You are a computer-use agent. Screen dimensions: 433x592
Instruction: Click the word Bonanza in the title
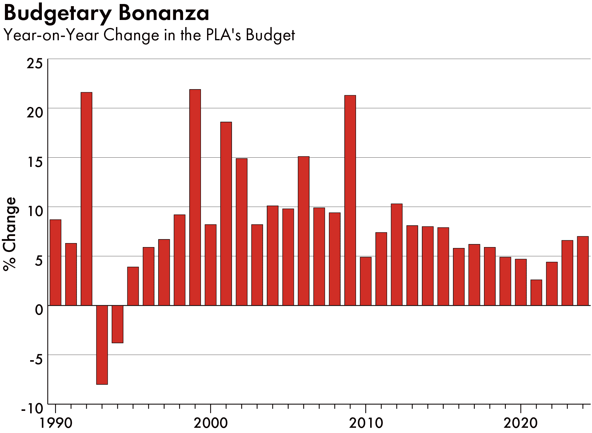163,13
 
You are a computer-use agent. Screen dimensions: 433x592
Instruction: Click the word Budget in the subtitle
270,35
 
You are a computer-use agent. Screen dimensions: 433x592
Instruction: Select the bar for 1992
86,199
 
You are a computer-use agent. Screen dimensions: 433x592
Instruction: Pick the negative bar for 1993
102,345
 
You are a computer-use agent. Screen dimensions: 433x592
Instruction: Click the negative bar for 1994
118,324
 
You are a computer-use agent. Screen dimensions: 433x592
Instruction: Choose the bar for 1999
195,197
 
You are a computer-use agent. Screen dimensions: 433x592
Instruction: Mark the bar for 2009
350,200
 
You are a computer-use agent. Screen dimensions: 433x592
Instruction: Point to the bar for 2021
536,293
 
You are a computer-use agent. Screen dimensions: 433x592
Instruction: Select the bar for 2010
366,281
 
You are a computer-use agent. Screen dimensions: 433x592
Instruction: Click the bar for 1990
55,262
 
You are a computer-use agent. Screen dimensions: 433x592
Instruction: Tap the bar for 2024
583,271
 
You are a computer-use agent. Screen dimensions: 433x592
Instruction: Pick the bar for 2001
226,214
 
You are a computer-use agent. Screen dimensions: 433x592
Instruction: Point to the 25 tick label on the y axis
35,64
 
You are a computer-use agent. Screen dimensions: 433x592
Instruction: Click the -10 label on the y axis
32,409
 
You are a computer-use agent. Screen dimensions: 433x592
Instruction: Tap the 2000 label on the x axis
210,423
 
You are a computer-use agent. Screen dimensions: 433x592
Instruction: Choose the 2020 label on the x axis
520,423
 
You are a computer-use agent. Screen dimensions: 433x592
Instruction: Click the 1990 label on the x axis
56,423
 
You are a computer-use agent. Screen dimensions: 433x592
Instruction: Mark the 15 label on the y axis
35,162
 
